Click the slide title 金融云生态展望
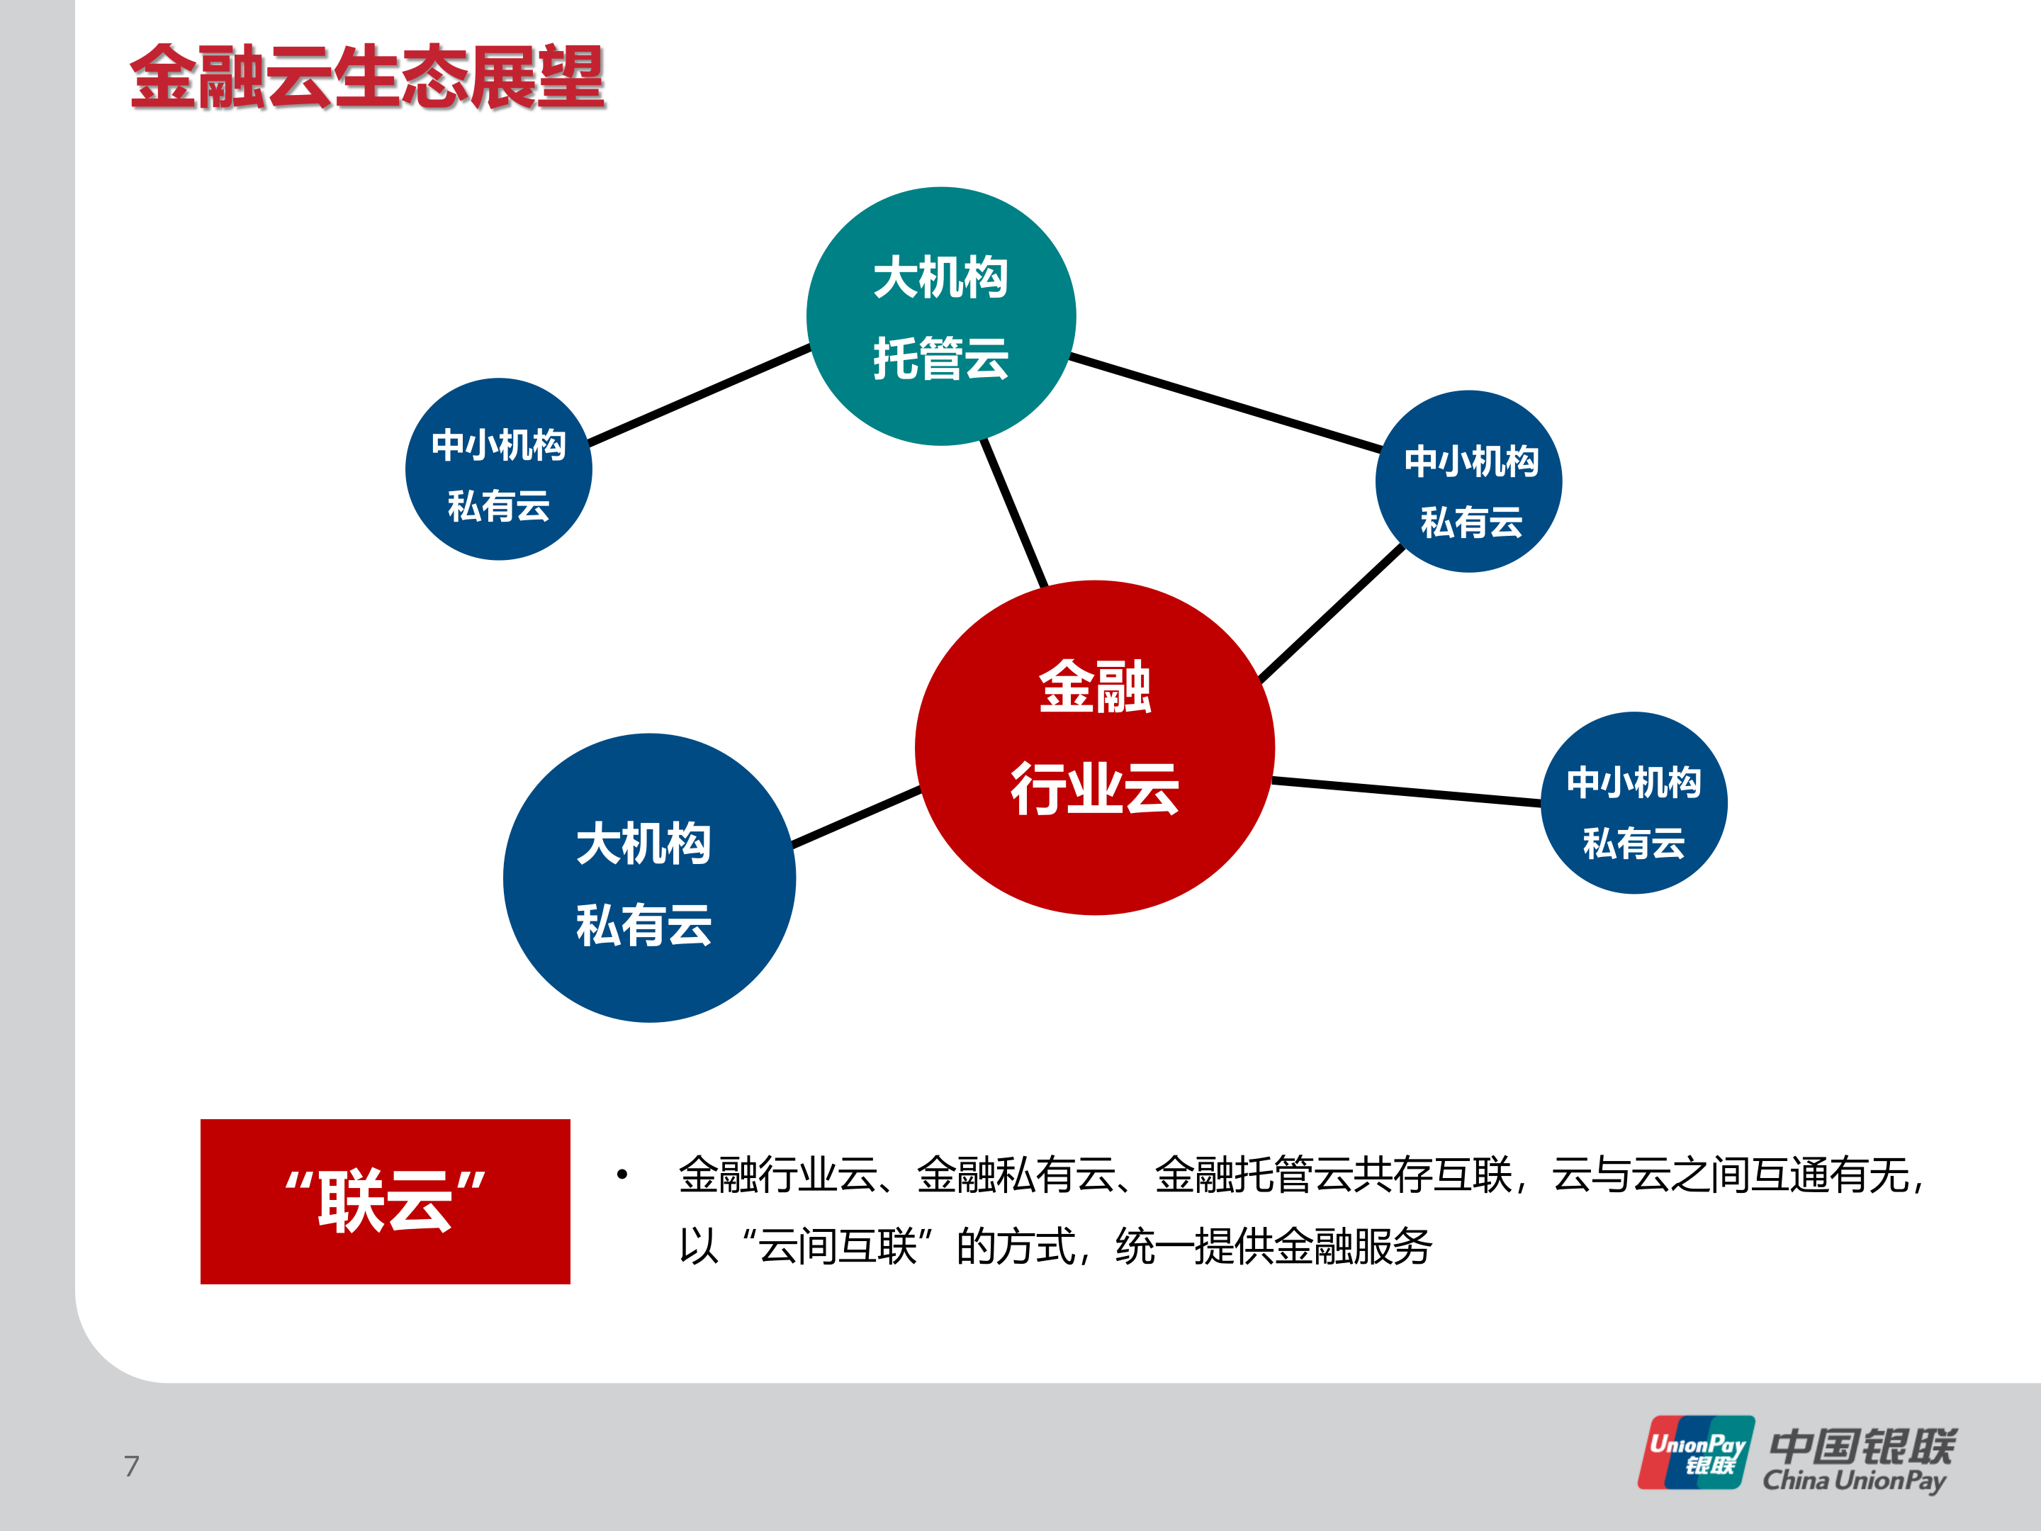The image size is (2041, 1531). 367,77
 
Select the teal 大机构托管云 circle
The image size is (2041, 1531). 940,317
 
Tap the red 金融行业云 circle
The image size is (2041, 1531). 1094,748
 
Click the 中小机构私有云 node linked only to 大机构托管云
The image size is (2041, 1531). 498,469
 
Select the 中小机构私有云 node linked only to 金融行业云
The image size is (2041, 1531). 1634,803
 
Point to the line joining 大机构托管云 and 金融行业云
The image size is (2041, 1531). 1014,513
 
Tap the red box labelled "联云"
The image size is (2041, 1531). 385,1201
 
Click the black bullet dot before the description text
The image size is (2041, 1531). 623,1174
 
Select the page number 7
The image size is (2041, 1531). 132,1466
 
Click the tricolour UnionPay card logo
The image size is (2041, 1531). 1696,1452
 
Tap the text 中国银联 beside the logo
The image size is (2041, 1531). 1862,1445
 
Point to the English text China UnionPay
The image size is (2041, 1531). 1855,1481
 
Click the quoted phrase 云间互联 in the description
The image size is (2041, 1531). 837,1247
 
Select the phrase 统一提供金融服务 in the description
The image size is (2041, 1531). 1273,1247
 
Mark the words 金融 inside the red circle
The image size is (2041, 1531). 1094,688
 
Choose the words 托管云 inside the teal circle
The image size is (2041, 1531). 940,358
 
